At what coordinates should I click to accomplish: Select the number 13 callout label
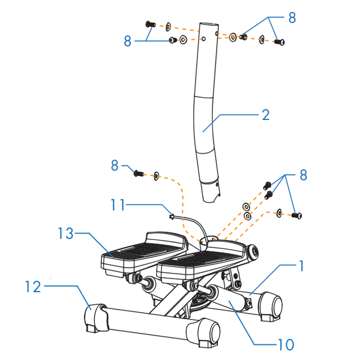tap(65, 234)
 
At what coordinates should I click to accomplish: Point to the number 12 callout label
tap(33, 287)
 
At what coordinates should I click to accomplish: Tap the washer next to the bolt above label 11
tap(157, 176)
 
